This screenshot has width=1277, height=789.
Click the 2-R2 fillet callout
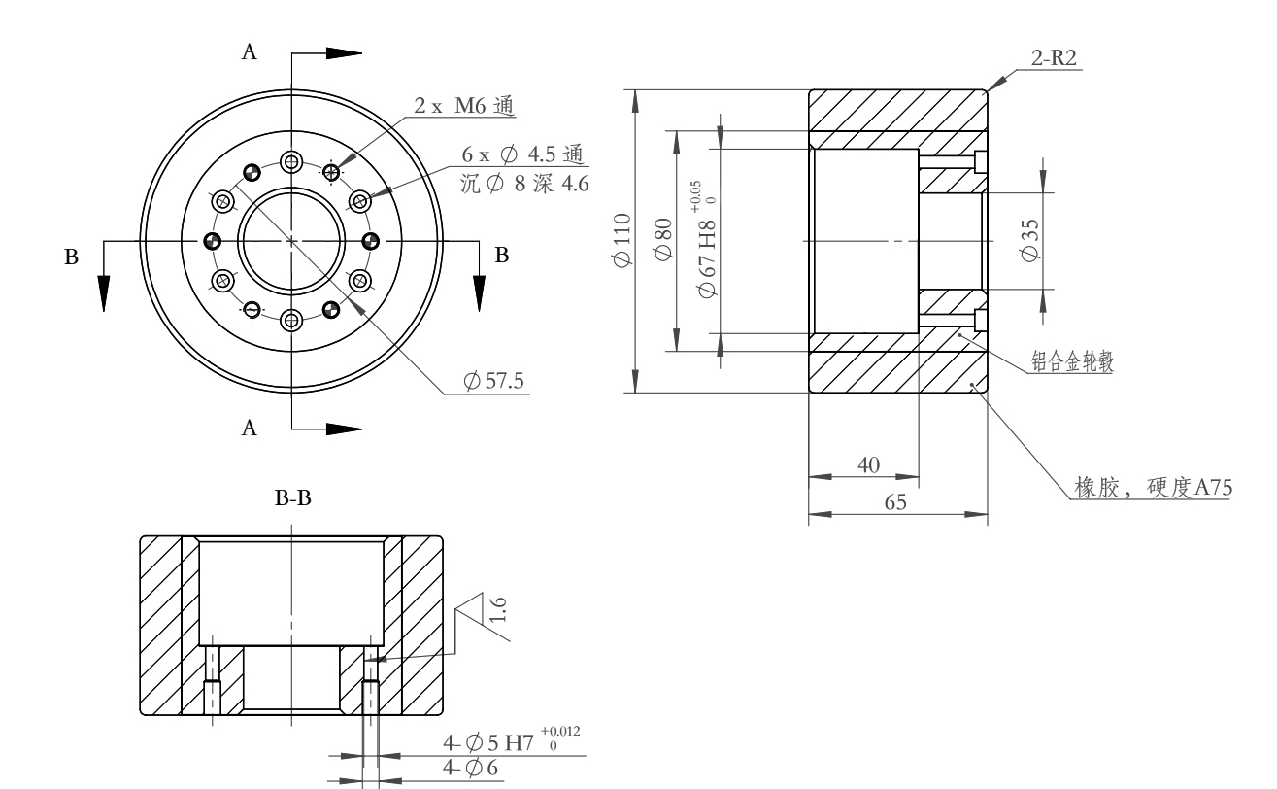coord(1054,58)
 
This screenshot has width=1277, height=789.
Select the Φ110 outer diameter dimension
coord(622,240)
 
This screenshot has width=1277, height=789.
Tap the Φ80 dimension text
coord(663,240)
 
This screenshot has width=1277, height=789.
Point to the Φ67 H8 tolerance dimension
coord(707,240)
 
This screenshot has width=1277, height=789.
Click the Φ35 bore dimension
coord(1030,241)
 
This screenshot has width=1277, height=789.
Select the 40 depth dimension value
coord(868,465)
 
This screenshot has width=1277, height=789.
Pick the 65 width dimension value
coord(895,502)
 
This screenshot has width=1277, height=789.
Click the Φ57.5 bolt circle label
coord(493,381)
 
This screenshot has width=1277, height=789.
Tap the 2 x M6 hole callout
coord(464,106)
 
